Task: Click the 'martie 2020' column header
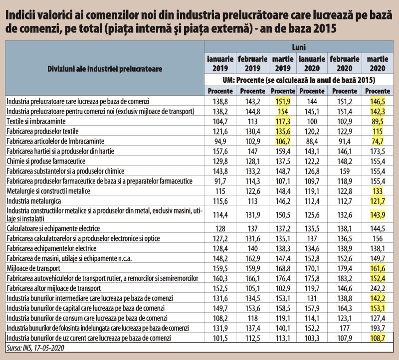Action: (378, 64)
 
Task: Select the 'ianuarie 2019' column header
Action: (220, 64)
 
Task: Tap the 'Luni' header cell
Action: (299, 47)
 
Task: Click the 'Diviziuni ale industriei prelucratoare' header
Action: (105, 69)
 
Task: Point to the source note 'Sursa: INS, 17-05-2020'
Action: (35, 348)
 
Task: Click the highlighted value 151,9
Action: (283, 102)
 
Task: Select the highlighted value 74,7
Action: (378, 141)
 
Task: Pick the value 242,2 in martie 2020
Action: (378, 288)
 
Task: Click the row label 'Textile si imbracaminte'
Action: (36, 121)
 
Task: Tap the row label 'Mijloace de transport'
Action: (33, 268)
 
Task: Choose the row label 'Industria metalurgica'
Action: (33, 201)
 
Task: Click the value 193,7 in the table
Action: (378, 328)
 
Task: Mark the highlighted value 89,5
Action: (378, 121)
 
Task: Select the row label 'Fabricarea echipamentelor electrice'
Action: (51, 249)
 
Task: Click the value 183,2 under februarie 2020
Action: (345, 278)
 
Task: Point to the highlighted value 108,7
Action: (378, 338)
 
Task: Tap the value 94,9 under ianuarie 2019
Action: (220, 141)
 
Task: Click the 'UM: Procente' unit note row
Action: (299, 80)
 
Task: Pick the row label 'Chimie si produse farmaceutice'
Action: (46, 161)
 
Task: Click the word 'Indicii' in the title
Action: (18, 15)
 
